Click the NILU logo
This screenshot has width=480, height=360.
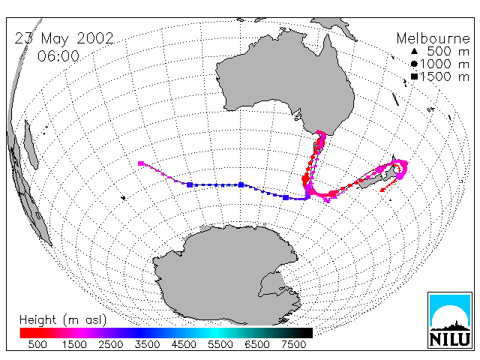pos(450,320)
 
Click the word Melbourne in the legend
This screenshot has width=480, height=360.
pos(433,39)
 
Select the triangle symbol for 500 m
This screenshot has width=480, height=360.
pos(414,52)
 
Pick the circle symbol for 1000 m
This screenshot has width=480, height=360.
pos(414,64)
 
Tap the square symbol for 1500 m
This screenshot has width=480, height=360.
pos(414,76)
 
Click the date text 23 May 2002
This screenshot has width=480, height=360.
pos(64,38)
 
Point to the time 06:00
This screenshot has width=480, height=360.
pos(58,56)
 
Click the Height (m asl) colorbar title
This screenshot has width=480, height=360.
pos(63,320)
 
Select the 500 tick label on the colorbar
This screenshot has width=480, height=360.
pos(37,345)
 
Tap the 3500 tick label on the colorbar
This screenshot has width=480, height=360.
pos(147,345)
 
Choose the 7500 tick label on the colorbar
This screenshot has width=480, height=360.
pos(293,345)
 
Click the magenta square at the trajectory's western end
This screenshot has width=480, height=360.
pos(141,163)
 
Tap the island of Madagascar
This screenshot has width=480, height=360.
pos(31,145)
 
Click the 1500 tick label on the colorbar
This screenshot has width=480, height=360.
pos(74,345)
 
